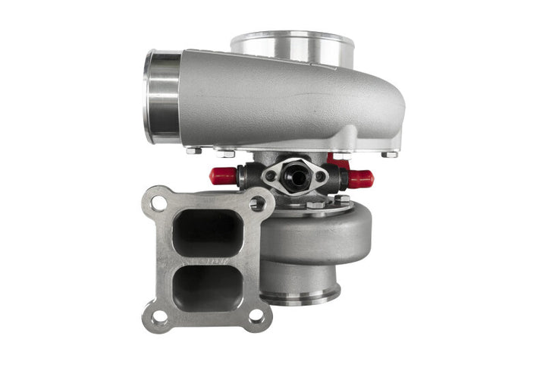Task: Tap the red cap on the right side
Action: click(360, 179)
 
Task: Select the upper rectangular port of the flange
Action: click(206, 233)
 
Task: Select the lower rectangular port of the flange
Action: click(206, 286)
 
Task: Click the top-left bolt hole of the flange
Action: click(158, 203)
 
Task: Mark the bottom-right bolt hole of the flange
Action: click(256, 316)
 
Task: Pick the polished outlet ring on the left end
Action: click(162, 96)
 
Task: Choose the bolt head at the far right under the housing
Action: click(390, 154)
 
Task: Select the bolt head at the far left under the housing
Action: click(193, 150)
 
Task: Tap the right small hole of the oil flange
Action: click(320, 177)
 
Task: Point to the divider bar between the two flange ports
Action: click(206, 260)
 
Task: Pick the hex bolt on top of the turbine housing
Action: click(315, 205)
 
